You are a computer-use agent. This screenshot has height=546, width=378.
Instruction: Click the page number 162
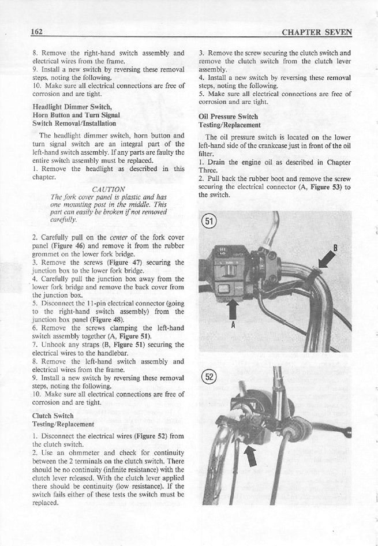pyautogui.click(x=38, y=32)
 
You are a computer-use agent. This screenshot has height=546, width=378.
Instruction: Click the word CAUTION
pyautogui.click(x=108, y=189)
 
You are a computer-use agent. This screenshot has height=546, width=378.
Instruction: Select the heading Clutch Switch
pyautogui.click(x=53, y=416)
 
